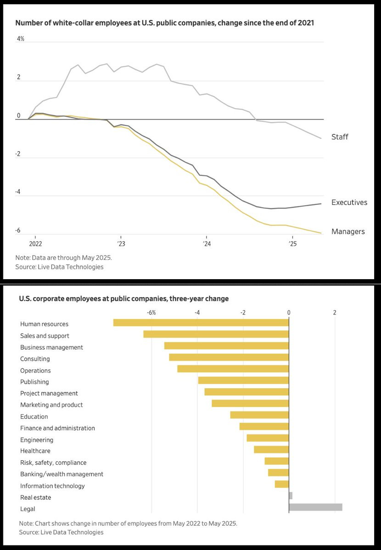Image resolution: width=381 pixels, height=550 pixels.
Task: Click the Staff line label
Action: point(339,137)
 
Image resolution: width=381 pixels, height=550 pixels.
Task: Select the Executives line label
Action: point(349,202)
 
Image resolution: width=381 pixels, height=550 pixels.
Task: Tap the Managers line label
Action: point(348,231)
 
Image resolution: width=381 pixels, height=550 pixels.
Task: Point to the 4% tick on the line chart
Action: point(21,38)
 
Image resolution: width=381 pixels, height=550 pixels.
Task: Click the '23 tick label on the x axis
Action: point(121,243)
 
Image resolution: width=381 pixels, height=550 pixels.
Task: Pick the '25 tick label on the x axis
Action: point(293,243)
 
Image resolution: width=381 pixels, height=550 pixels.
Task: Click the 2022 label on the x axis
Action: point(35,243)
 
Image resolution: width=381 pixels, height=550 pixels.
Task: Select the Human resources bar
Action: point(201,323)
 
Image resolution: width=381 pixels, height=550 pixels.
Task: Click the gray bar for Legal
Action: point(315,507)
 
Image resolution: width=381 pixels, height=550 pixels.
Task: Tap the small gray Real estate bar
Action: point(291,495)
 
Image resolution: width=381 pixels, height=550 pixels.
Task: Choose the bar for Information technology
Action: point(282,484)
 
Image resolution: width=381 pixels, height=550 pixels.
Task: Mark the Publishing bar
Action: point(243,380)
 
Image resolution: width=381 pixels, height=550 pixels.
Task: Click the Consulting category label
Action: point(35,359)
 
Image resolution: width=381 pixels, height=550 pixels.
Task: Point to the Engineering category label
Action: point(37,440)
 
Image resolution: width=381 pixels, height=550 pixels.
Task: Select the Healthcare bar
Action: point(272,450)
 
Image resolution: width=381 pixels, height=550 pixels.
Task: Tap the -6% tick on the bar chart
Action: point(151,313)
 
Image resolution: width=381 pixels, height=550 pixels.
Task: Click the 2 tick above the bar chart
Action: point(335,313)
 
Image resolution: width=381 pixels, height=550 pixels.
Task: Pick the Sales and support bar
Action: point(216,334)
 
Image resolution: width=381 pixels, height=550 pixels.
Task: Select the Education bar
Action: point(259,415)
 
